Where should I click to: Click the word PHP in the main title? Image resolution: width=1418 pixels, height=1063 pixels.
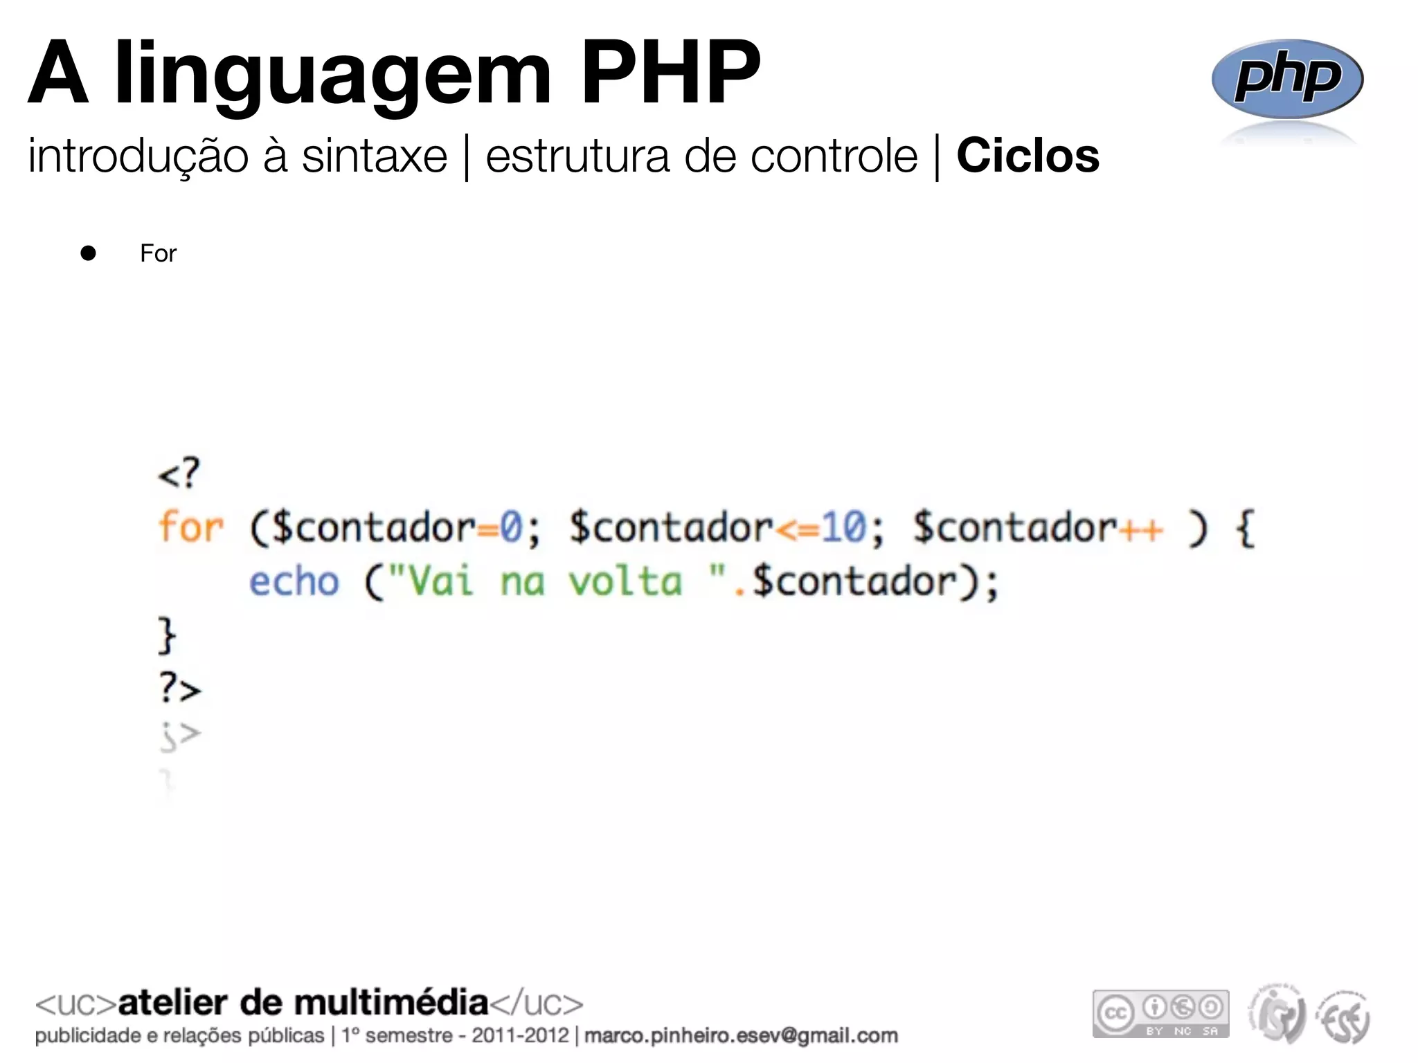coord(670,72)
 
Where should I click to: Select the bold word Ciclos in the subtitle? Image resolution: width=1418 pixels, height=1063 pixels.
coord(1027,156)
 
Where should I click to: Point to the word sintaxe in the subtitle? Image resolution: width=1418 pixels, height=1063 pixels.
coord(375,156)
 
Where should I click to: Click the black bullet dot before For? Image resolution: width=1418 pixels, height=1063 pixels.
coord(88,253)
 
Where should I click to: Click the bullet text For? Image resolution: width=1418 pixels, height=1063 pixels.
coord(158,253)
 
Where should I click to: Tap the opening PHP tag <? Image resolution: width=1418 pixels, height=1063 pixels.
coord(179,474)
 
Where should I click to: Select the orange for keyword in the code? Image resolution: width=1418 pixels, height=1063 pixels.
coord(190,527)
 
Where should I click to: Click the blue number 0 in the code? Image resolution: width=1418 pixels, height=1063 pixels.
coord(511,527)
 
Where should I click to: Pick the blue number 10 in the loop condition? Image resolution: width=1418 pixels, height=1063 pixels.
coord(843,527)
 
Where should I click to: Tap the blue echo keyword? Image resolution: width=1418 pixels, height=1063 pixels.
coord(294,581)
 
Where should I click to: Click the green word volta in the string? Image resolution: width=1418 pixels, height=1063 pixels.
coord(625,581)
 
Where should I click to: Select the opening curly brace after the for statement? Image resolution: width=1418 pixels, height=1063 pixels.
coord(1245,529)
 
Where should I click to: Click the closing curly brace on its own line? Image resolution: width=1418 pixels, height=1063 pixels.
coord(167,635)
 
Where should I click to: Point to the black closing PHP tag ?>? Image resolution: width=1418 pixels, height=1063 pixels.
coord(180,688)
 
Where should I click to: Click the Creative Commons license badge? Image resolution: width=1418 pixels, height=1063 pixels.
coord(1160,1014)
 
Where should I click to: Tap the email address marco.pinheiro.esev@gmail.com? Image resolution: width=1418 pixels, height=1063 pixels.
coord(741,1035)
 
